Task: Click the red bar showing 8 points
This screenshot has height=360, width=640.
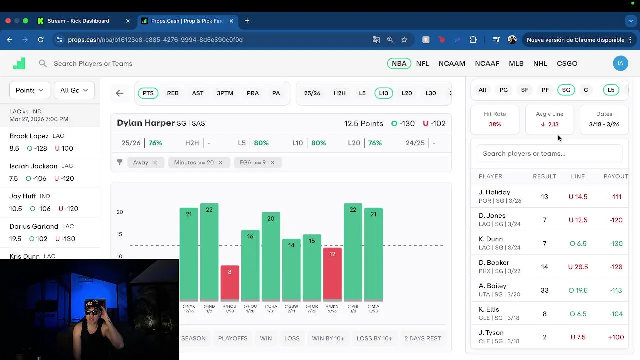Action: tap(230, 282)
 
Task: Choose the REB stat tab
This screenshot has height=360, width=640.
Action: tap(173, 93)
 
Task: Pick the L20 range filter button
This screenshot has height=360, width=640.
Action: tap(407, 93)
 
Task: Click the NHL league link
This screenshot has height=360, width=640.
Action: tap(540, 63)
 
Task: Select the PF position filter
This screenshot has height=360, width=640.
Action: tap(545, 90)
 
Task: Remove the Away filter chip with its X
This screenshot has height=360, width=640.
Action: tap(155, 162)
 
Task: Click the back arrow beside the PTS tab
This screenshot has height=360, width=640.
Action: tap(120, 93)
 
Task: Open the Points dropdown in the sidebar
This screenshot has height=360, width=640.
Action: tap(29, 90)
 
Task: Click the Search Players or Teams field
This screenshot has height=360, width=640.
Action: tap(93, 63)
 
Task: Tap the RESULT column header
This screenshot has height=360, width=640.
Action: tap(544, 176)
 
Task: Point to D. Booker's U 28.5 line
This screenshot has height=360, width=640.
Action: tap(578, 267)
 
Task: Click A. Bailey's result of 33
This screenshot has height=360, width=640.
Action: tap(544, 290)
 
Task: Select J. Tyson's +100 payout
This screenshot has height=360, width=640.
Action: tap(616, 337)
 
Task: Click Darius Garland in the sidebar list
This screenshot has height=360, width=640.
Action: tap(34, 226)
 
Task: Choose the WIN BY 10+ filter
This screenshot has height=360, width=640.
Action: tap(328, 338)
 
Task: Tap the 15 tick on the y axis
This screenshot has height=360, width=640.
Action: tap(120, 234)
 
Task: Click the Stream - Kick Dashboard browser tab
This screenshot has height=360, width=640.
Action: tap(78, 21)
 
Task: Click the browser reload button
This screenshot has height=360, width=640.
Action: tap(41, 40)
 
